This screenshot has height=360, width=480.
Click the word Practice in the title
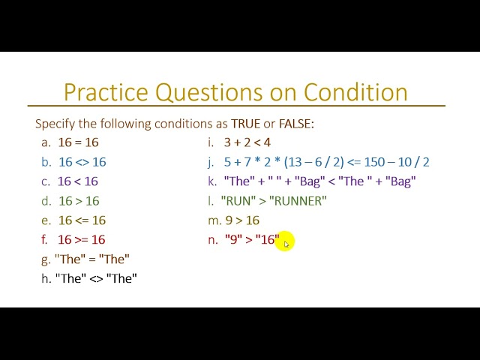(106, 92)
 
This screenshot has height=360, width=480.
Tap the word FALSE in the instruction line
(295, 124)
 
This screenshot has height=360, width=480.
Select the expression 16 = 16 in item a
(78, 142)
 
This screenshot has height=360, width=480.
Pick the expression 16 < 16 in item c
(78, 181)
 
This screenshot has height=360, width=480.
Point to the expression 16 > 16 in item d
(79, 201)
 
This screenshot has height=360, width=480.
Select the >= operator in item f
(82, 240)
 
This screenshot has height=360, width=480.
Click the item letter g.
(46, 259)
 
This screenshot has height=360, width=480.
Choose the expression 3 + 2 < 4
(247, 142)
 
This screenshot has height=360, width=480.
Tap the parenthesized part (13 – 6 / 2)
(305, 162)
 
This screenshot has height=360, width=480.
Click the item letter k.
(211, 181)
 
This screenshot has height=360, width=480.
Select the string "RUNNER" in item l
(298, 201)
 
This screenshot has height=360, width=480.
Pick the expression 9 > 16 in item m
(242, 220)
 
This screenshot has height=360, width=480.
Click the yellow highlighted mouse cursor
(285, 241)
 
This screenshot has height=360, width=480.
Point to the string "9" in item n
(232, 240)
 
